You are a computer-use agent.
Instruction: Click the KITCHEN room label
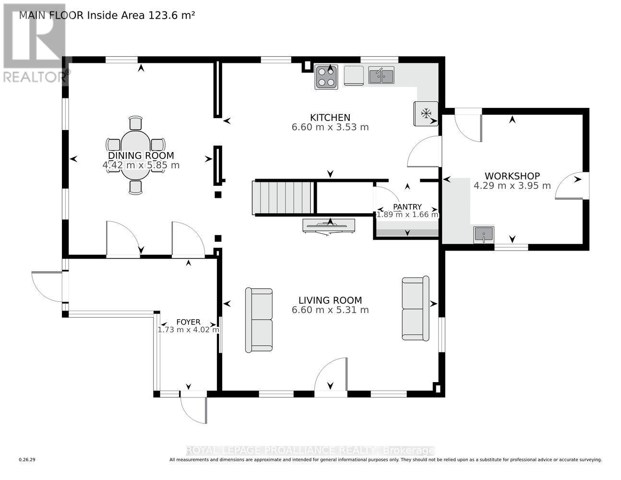[330, 118]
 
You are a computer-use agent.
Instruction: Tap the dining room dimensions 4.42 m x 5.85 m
[141, 165]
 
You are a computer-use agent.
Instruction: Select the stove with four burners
[326, 77]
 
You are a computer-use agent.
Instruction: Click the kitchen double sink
[381, 76]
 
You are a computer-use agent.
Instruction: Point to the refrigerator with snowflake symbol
[426, 114]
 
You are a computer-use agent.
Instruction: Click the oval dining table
[136, 155]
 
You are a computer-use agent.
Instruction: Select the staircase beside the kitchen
[284, 198]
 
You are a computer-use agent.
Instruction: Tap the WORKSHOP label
[512, 176]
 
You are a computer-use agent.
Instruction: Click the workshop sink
[483, 235]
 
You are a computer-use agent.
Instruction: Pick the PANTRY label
[407, 207]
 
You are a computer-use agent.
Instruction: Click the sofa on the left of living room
[259, 320]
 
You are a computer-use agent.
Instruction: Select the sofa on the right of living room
[416, 309]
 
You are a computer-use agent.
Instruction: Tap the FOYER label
[188, 322]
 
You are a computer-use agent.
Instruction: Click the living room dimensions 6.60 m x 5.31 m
[330, 310]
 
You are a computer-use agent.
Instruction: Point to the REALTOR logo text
[35, 77]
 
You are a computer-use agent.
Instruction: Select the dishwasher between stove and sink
[353, 75]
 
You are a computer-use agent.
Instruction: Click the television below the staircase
[329, 226]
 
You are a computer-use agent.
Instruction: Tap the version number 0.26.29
[27, 460]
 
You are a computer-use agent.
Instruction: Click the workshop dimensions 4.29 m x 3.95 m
[512, 186]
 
